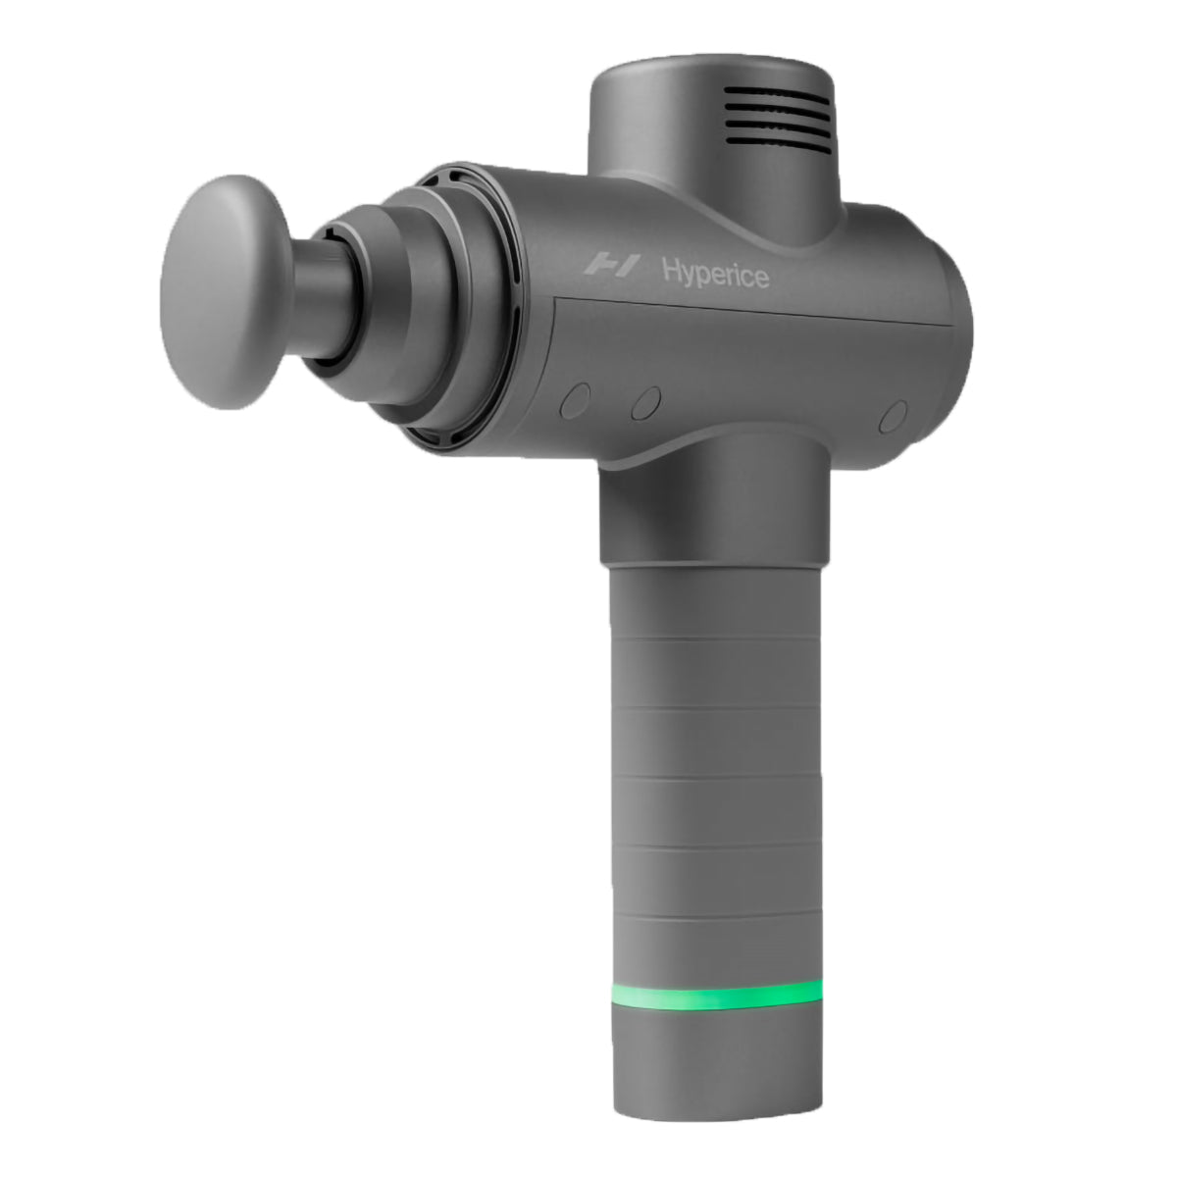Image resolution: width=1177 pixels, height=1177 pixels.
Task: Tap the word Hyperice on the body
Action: click(715, 272)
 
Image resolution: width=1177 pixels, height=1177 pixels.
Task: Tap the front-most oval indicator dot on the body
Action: click(576, 400)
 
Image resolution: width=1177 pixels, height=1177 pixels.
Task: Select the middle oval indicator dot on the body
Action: click(645, 403)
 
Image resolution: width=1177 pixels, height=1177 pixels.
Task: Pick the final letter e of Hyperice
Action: click(761, 278)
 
